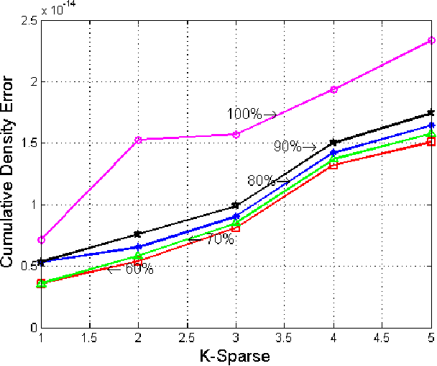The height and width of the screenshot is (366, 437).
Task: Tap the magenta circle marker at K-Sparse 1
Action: coord(41,239)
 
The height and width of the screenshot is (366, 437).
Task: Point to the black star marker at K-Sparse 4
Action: coord(334,143)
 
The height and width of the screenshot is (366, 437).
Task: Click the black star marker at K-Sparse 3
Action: coord(236,205)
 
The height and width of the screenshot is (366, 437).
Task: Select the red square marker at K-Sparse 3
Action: coord(236,228)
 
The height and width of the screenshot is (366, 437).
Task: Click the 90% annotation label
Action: coord(287,146)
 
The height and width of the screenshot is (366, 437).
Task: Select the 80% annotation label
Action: coord(261,181)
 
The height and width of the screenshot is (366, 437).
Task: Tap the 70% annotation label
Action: coord(219,239)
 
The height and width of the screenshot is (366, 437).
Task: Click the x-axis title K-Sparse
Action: coord(236,356)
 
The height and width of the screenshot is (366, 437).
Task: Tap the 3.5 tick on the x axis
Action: coord(285,338)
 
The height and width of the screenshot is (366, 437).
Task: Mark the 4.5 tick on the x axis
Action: coord(383,338)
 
